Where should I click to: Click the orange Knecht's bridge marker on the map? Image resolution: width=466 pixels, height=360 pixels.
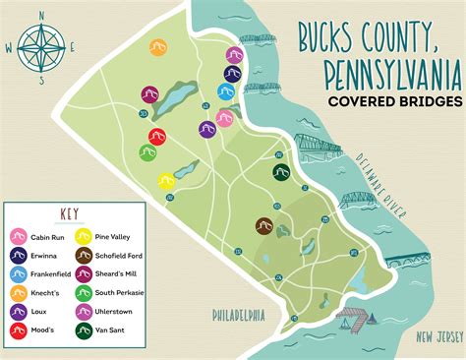click(x=157, y=46)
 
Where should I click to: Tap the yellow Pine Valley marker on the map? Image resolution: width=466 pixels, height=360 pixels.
click(x=168, y=181)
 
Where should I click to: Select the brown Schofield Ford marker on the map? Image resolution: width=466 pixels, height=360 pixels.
click(x=264, y=226)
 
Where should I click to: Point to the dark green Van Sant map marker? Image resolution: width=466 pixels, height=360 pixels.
click(x=281, y=172)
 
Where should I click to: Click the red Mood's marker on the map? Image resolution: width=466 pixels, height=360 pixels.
click(x=156, y=137)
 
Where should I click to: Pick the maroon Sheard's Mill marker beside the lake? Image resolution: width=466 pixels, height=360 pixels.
click(x=148, y=94)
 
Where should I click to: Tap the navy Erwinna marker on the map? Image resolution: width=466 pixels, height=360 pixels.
click(x=233, y=74)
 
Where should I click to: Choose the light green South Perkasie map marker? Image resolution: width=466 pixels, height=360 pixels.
click(x=147, y=153)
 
